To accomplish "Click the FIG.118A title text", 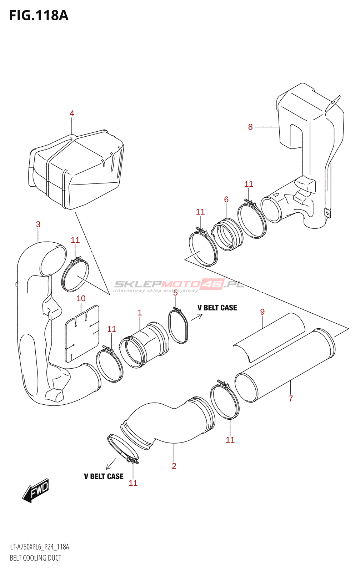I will tap(39, 16).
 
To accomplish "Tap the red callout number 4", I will tap(72, 113).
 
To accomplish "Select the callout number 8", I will tap(250, 127).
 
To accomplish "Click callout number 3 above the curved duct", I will tap(38, 224).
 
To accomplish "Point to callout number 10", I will tap(81, 298).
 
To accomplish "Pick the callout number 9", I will tap(262, 312).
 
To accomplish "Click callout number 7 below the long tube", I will tap(291, 399).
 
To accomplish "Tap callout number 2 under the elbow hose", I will tap(174, 466).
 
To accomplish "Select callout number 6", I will tap(226, 199).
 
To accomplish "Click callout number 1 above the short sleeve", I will tap(140, 313).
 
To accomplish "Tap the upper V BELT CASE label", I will tap(217, 308).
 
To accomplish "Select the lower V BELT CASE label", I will tap(104, 476).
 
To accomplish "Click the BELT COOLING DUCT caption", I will tap(35, 558).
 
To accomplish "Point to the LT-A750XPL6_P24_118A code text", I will tap(39, 547).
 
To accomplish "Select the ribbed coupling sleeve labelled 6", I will tap(228, 235).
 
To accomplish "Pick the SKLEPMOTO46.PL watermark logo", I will tap(179, 285).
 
